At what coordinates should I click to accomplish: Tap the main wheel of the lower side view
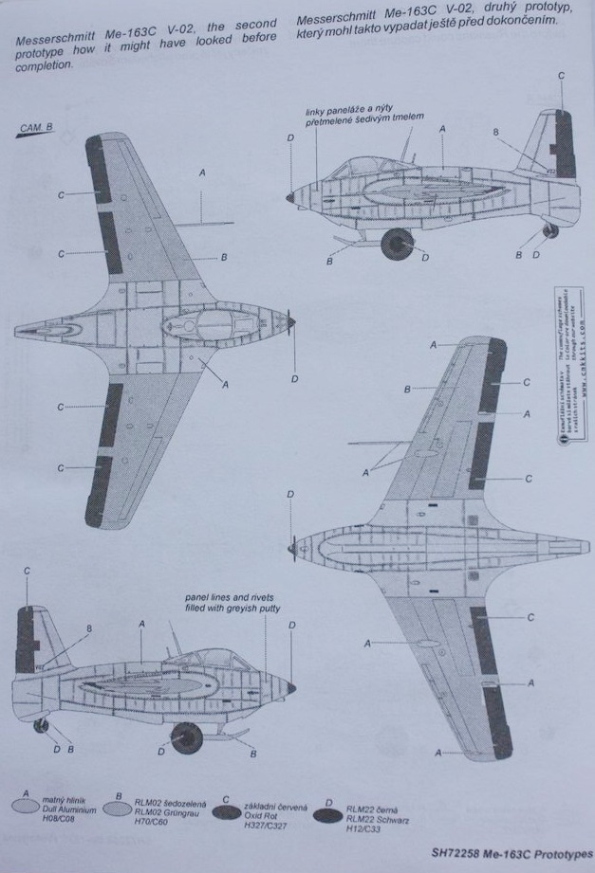(186, 737)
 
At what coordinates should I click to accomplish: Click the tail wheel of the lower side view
(41, 726)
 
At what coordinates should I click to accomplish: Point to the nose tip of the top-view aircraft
(294, 323)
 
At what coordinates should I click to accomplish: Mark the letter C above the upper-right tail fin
(560, 76)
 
